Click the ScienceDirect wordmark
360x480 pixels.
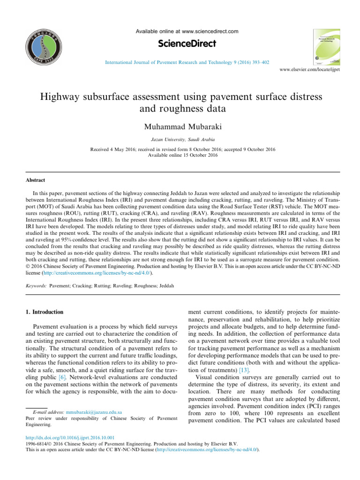(x=187, y=44)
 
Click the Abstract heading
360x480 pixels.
(x=36, y=179)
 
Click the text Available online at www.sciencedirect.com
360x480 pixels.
(x=187, y=31)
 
